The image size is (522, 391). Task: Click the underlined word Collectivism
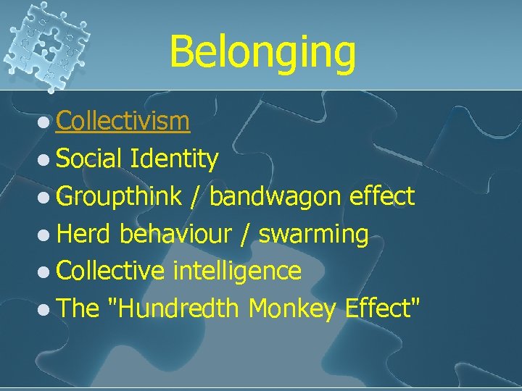(x=123, y=121)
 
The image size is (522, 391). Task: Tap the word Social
(x=90, y=159)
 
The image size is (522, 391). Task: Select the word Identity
(x=175, y=159)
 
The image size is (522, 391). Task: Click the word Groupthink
(x=119, y=197)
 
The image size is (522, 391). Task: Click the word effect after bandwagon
(x=382, y=196)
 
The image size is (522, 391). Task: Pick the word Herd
(x=84, y=234)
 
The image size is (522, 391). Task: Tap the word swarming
(x=314, y=234)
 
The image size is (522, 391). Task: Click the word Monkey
(x=292, y=309)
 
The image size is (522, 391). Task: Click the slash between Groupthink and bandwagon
(x=195, y=197)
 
